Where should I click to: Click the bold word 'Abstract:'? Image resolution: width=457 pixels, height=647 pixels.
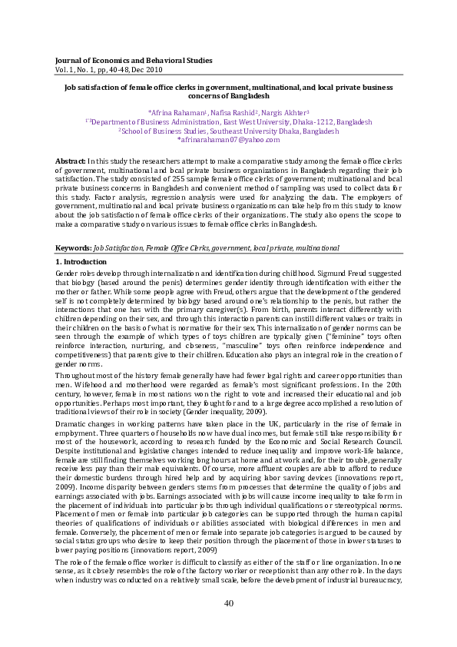click(71, 160)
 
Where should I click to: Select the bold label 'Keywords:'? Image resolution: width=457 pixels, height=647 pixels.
click(74, 248)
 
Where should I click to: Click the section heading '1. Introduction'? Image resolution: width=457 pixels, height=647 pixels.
click(81, 262)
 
